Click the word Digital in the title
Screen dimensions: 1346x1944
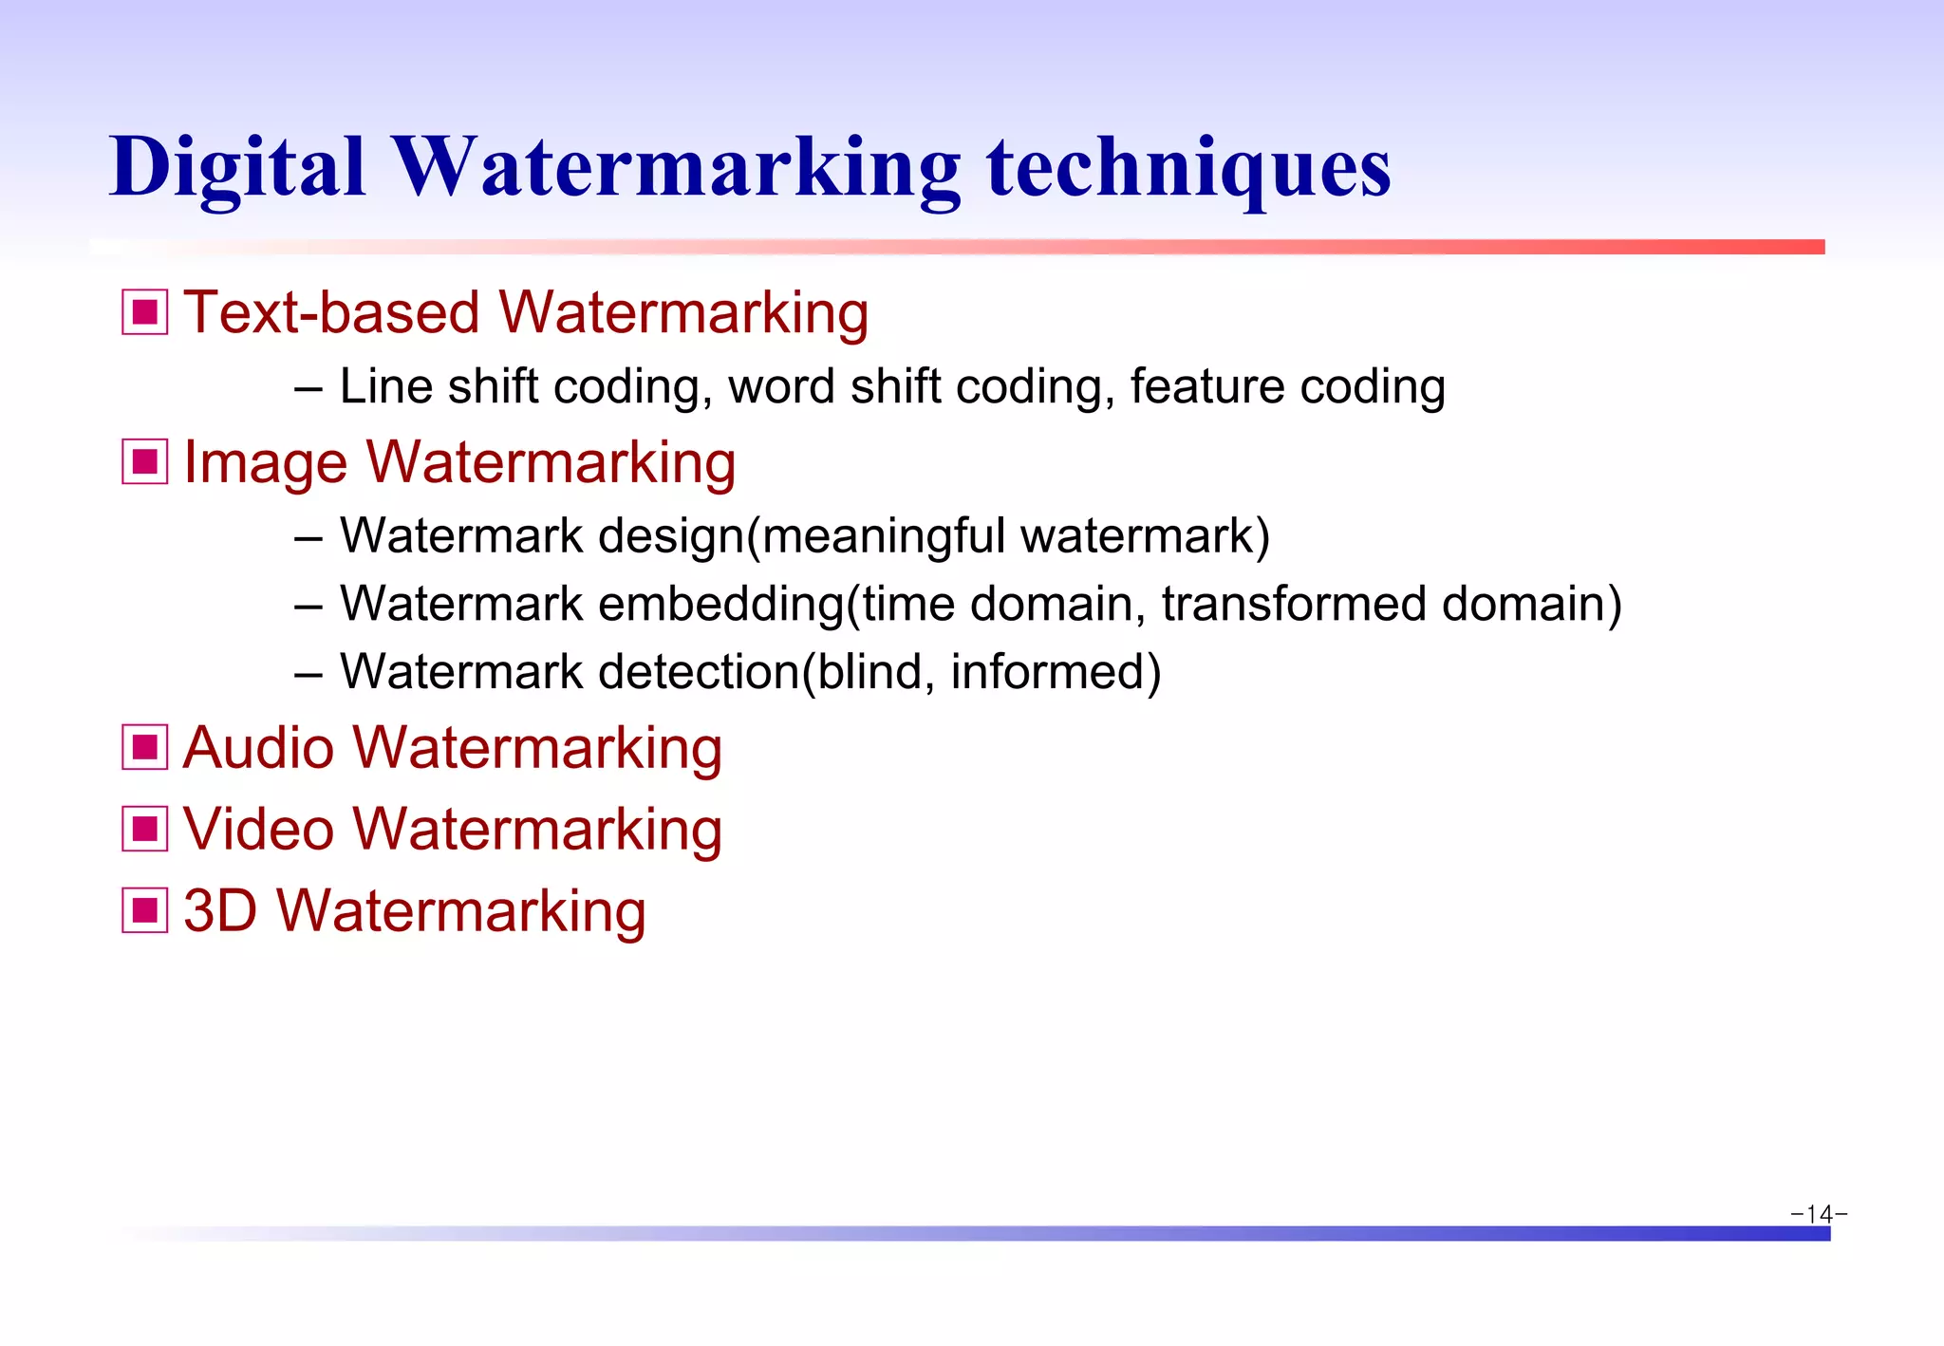[x=237, y=168]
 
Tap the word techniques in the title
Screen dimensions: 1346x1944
[x=1188, y=168]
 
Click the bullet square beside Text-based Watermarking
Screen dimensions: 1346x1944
[x=145, y=312]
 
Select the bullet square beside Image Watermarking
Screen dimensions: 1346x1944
[x=145, y=461]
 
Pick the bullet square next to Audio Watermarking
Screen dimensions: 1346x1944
[x=145, y=747]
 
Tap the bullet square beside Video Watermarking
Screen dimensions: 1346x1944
[x=145, y=829]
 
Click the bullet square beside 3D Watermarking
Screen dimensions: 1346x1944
[x=145, y=910]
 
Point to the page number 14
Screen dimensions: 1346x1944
[x=1819, y=1214]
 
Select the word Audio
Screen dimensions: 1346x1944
[x=258, y=747]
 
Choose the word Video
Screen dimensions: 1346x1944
[x=258, y=829]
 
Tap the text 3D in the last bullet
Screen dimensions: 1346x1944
[x=219, y=910]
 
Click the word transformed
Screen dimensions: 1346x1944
[x=1293, y=604]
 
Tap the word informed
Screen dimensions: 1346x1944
[x=1048, y=672]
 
